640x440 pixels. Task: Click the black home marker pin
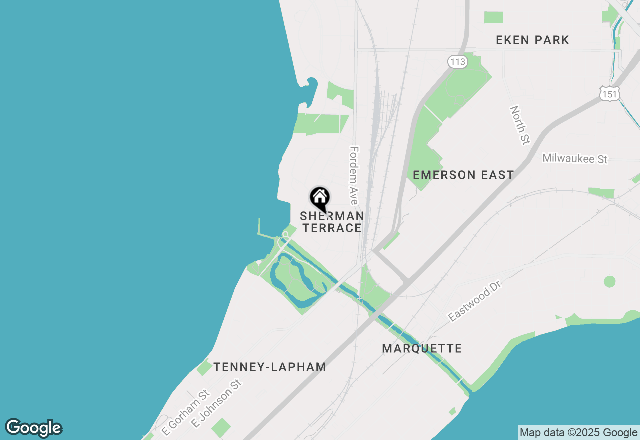[320, 198]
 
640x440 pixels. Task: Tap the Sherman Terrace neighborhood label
[332, 222]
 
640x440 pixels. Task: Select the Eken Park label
[532, 40]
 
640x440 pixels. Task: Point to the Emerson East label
[463, 175]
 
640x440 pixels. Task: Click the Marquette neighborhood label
[422, 348]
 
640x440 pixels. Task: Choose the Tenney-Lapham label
[270, 367]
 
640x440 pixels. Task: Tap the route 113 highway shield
[457, 62]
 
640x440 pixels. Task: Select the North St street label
[519, 125]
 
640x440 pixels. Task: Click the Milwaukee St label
[575, 159]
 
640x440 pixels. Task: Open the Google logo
[33, 428]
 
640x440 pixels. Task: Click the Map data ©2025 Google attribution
[578, 433]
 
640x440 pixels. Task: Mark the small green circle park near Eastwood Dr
[609, 281]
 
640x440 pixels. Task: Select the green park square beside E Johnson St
[221, 428]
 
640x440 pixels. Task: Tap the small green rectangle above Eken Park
[493, 17]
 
